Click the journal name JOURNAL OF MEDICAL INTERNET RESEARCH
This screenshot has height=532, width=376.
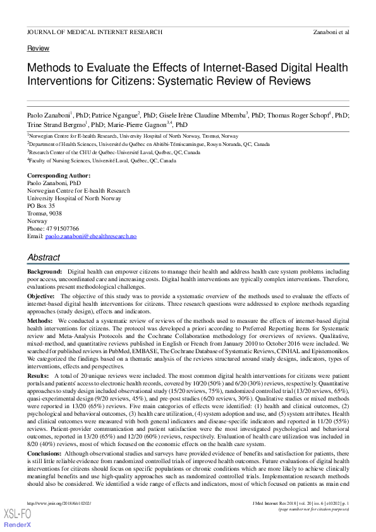pyautogui.click(x=94, y=32)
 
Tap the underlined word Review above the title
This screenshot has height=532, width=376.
pyautogui.click(x=38, y=49)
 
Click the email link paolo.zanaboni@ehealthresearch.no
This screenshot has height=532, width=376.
pyautogui.click(x=99, y=236)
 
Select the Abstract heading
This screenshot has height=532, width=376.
pyautogui.click(x=44, y=258)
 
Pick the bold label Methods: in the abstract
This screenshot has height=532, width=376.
pyautogui.click(x=40, y=321)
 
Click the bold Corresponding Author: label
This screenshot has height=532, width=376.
pyautogui.click(x=59, y=175)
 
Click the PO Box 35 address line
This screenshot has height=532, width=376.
pyautogui.click(x=41, y=206)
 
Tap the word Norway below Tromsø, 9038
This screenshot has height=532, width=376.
pyautogui.click(x=37, y=221)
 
